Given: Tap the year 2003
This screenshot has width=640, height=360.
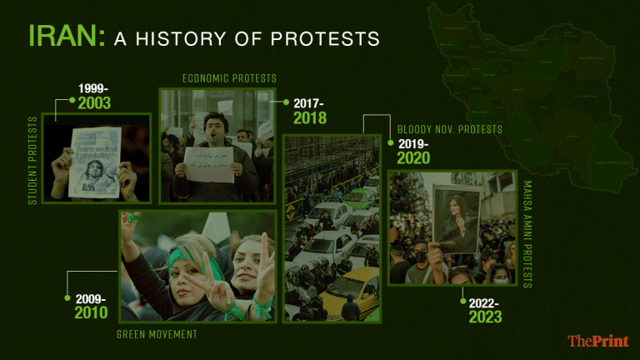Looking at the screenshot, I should pyautogui.click(x=94, y=103).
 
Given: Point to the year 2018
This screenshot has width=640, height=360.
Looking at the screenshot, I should pyautogui.click(x=310, y=118).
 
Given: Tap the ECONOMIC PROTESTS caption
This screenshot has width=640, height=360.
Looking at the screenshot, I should pyautogui.click(x=229, y=78).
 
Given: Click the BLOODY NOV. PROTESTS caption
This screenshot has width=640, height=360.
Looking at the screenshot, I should pyautogui.click(x=450, y=129).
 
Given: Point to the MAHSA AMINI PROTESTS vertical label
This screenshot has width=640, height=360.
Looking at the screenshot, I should pyautogui.click(x=527, y=233).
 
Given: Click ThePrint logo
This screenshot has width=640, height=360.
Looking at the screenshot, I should pyautogui.click(x=597, y=341).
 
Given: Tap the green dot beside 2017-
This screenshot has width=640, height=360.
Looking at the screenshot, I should pyautogui.click(x=286, y=102).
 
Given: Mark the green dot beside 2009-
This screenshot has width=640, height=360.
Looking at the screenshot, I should pyautogui.click(x=67, y=297).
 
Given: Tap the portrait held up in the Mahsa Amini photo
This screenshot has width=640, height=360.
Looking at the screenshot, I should pyautogui.click(x=455, y=218).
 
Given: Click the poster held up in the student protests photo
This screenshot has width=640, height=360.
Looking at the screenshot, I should pyautogui.click(x=94, y=162).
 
